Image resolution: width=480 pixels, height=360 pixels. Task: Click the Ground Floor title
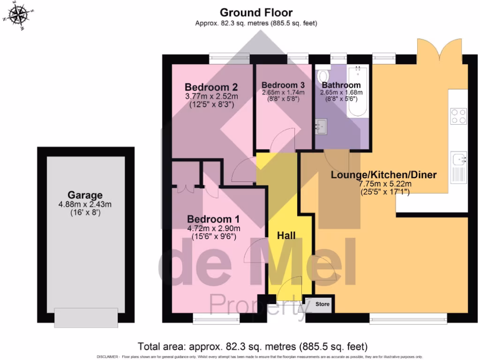pos(256,13)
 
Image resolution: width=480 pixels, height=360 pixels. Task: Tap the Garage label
pos(85,195)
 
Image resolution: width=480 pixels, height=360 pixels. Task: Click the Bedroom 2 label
pos(211,87)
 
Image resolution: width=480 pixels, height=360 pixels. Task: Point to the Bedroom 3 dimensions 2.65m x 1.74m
pos(283,92)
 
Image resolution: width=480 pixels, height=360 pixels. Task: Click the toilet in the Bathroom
pos(323,76)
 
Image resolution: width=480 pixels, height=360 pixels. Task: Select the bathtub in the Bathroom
pos(358,92)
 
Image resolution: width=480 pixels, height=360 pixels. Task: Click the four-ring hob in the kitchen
pos(458,116)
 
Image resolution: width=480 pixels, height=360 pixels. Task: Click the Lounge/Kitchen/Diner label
pos(383,175)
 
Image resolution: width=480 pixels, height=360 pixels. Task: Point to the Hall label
pos(286,235)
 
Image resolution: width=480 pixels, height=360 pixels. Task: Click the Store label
pos(322,304)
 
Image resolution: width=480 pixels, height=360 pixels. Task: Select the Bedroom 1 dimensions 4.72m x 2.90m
pos(213,229)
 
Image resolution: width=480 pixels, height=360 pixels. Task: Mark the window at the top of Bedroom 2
pos(229,58)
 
